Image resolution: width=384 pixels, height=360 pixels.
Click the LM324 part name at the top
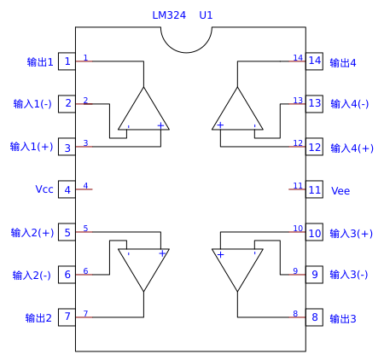click(x=169, y=15)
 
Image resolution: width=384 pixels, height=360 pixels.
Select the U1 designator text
click(x=206, y=15)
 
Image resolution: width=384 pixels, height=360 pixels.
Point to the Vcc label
click(x=44, y=189)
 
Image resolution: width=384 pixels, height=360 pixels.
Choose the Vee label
click(x=340, y=190)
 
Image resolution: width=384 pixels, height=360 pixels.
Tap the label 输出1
click(x=40, y=62)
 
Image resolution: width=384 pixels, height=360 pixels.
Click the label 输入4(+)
click(x=352, y=148)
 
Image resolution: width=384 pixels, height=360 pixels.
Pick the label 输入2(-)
click(x=32, y=276)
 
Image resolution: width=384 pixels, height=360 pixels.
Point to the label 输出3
click(x=343, y=319)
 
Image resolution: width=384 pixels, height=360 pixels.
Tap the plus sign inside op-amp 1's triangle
click(x=160, y=125)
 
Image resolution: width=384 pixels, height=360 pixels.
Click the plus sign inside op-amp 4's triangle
click(x=220, y=125)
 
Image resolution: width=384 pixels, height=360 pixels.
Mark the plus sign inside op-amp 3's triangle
click(x=220, y=254)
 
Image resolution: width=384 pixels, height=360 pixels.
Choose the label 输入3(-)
click(x=349, y=275)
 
